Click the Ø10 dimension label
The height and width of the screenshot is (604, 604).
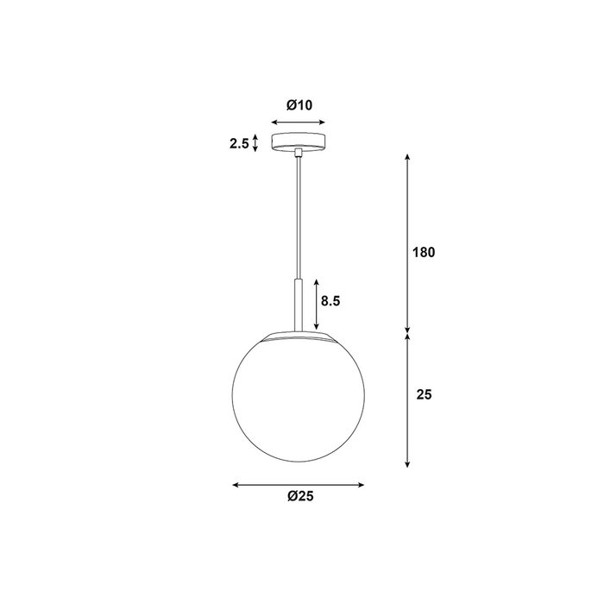point(299,105)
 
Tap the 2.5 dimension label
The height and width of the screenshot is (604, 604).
point(239,144)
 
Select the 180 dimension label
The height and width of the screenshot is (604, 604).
point(424,252)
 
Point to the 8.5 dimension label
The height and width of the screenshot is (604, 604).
point(330,301)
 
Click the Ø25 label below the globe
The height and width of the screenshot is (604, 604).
point(300,496)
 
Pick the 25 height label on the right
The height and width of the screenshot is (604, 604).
point(424,394)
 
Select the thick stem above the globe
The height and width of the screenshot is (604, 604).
point(299,305)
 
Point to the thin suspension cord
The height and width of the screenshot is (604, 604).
point(299,217)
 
